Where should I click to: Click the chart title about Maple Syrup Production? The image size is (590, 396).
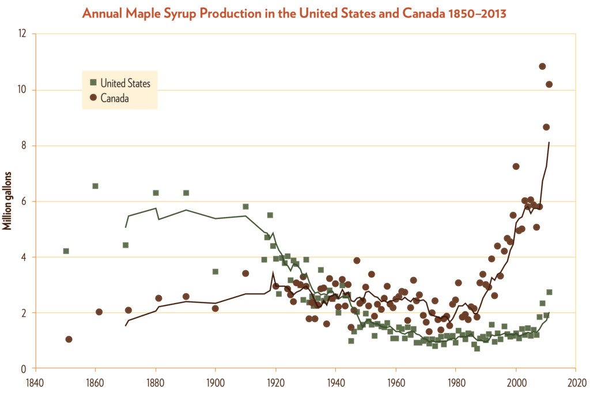coord(294,13)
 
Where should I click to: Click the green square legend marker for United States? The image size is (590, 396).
coord(93,83)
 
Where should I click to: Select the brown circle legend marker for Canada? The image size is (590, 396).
coord(93,98)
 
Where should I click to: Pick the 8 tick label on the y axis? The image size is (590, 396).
coord(25,146)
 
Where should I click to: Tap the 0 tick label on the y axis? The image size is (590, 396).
coord(25,369)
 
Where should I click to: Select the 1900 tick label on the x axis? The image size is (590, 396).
coord(215,382)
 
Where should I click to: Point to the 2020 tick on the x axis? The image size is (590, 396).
coord(576,382)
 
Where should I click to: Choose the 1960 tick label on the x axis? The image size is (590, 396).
coord(396,382)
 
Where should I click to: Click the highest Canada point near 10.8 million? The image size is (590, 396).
coord(542,66)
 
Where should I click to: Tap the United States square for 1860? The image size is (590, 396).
coord(95,186)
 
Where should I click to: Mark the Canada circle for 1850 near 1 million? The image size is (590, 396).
coord(69,339)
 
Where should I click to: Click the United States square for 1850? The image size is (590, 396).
coord(66,251)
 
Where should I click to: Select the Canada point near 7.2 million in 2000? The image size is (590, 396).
coord(516,166)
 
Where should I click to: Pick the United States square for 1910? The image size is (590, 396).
coord(245,207)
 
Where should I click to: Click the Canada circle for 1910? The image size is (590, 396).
coord(245,273)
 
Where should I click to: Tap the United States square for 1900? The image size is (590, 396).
coord(215,271)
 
